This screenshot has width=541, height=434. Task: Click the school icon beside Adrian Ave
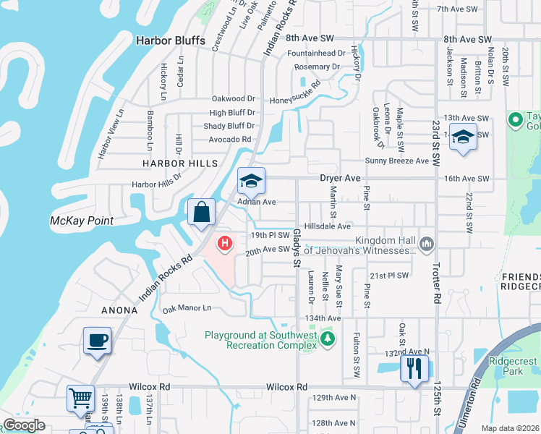click(x=251, y=181)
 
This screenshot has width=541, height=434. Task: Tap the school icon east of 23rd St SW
click(x=463, y=137)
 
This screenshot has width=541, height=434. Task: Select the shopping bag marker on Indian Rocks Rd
click(x=202, y=212)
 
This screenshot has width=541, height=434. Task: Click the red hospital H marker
click(x=225, y=243)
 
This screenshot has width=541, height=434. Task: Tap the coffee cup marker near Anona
click(x=97, y=339)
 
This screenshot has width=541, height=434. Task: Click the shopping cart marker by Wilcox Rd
click(x=81, y=397)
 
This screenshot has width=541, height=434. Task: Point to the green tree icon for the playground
click(x=328, y=339)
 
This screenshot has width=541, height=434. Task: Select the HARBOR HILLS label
click(x=179, y=163)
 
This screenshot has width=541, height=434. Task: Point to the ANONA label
click(x=119, y=310)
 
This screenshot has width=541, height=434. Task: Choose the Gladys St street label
click(x=297, y=248)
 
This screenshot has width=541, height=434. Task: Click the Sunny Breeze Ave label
click(x=397, y=161)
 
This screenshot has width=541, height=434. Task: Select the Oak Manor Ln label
click(x=187, y=308)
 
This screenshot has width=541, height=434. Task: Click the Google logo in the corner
click(x=24, y=425)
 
